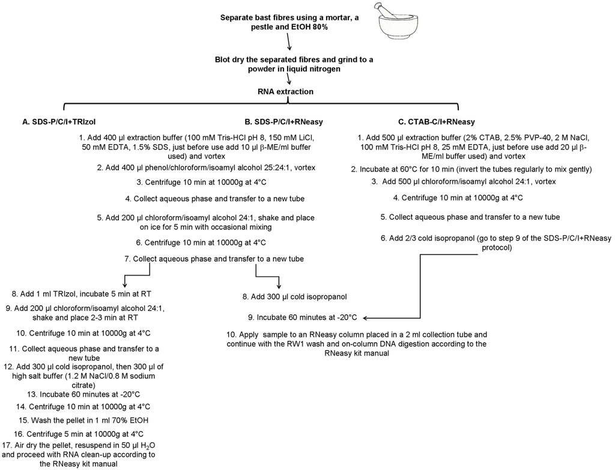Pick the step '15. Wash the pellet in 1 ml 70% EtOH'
pos(84,419)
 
